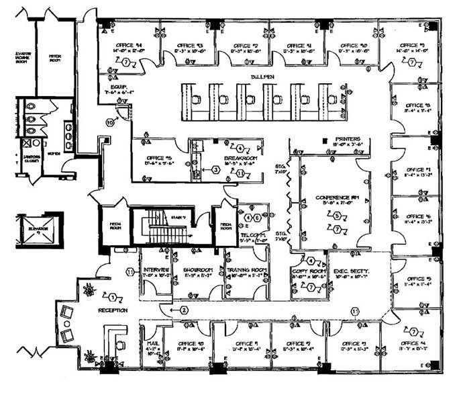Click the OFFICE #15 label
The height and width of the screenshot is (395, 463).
(160, 159)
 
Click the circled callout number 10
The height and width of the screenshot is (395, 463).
(109, 122)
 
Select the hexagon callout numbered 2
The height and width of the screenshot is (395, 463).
(181, 310)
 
